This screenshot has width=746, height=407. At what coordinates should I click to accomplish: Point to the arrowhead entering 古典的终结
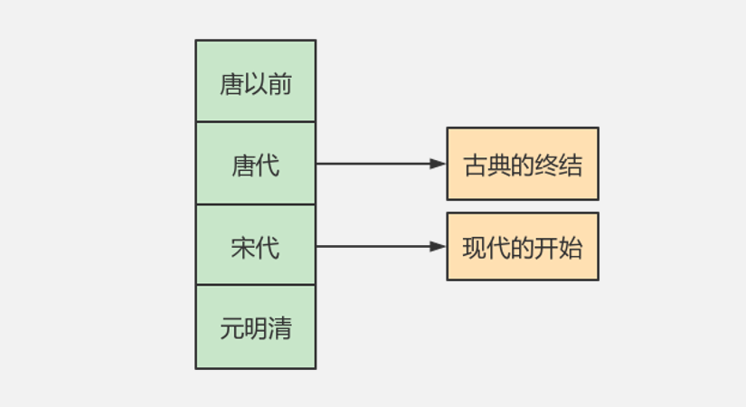point(439,164)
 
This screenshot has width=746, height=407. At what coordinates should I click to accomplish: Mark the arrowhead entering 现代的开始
point(439,246)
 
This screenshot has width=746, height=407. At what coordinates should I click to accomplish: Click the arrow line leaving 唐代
point(371,164)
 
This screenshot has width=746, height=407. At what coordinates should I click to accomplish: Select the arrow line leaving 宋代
point(371,246)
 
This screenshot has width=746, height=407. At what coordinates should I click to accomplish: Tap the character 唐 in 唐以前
point(231,84)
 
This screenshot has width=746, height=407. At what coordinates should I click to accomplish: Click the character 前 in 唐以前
point(279,84)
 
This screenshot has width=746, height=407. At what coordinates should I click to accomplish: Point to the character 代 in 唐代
point(268,166)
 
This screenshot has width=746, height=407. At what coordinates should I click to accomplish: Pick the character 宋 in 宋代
point(243,247)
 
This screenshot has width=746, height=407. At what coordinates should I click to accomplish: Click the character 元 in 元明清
point(231,327)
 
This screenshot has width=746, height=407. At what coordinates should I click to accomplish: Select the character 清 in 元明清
point(279,327)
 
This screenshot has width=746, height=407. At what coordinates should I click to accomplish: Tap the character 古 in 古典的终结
point(475,166)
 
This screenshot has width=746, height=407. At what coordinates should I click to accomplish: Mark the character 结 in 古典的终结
point(571,166)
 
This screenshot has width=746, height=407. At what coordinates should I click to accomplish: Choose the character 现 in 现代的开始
point(475,247)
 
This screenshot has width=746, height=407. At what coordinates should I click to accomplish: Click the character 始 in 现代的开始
point(571,247)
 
